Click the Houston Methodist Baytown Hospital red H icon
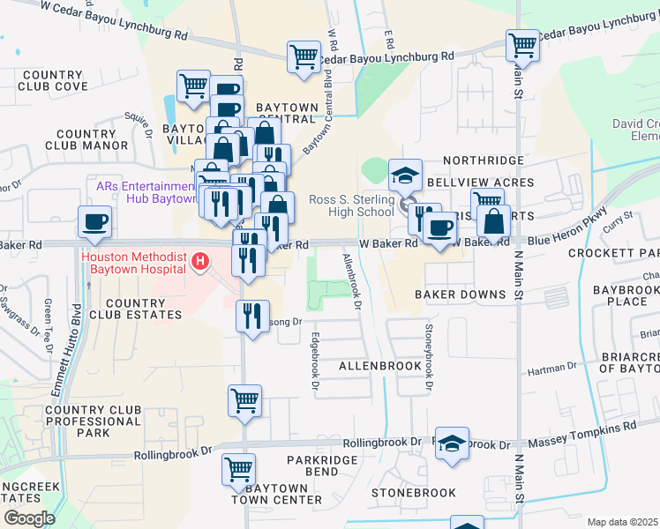pos(201,261)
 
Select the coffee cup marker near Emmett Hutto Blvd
pos(94,222)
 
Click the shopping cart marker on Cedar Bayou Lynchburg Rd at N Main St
pos(522,44)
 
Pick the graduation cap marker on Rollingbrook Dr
pos(452,443)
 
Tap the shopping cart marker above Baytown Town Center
pos(238,470)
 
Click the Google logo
pos(28,518)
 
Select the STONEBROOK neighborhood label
pos(413,493)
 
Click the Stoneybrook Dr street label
pos(429,361)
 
